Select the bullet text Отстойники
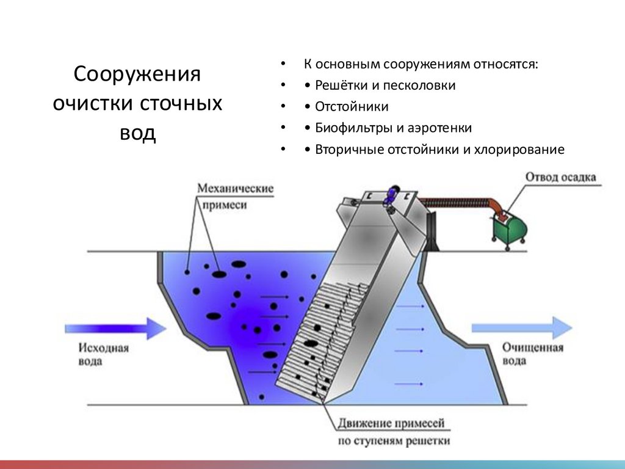pyautogui.click(x=352, y=107)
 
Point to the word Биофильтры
pyautogui.click(x=350, y=128)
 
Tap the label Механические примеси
pyautogui.click(x=234, y=197)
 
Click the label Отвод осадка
pyautogui.click(x=560, y=178)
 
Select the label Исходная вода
pyautogui.click(x=104, y=354)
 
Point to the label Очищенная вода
pyautogui.click(x=532, y=354)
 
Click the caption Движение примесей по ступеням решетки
pyautogui.click(x=392, y=431)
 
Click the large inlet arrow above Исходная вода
pyautogui.click(x=115, y=329)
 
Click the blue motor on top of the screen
pyautogui.click(x=390, y=195)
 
